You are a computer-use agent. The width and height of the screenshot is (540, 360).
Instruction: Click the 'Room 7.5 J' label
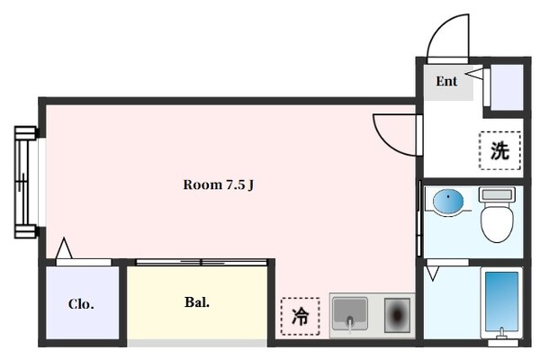click(x=219, y=185)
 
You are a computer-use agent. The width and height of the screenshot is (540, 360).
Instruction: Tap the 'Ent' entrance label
click(x=446, y=81)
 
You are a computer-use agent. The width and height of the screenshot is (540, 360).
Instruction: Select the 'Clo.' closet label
click(x=81, y=304)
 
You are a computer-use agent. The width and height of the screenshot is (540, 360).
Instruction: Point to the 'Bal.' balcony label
click(x=197, y=302)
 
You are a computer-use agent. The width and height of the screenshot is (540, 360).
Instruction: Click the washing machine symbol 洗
click(x=499, y=150)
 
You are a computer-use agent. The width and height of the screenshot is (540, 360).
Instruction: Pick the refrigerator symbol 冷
click(x=301, y=316)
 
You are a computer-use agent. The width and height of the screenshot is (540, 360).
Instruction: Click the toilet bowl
click(x=497, y=222)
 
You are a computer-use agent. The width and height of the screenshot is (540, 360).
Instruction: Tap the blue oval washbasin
click(x=448, y=202)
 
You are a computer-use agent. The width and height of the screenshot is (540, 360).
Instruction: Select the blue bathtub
click(x=502, y=301)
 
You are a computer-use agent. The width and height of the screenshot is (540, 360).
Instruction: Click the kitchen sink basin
click(x=349, y=313)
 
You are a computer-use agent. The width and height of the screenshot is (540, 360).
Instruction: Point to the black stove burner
click(x=397, y=315)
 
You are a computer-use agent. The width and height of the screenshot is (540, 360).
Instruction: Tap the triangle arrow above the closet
click(x=64, y=247)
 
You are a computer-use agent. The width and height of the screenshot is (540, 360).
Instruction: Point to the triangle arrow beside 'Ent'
click(x=474, y=74)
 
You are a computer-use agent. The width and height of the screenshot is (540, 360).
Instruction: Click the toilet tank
click(x=497, y=194)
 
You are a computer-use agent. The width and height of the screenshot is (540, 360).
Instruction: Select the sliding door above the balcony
click(x=202, y=263)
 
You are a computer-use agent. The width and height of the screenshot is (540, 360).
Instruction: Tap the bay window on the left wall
click(x=26, y=182)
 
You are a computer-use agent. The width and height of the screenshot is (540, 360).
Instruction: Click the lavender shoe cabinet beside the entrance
click(x=507, y=87)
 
